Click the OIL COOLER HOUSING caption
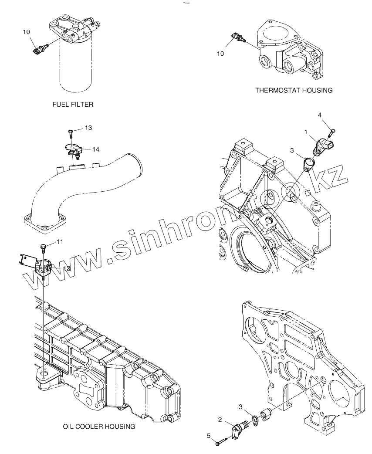99,427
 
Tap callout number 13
88,128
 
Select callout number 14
95,149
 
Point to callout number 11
59,241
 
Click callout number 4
319,115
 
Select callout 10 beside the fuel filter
27,32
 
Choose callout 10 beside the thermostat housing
220,53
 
